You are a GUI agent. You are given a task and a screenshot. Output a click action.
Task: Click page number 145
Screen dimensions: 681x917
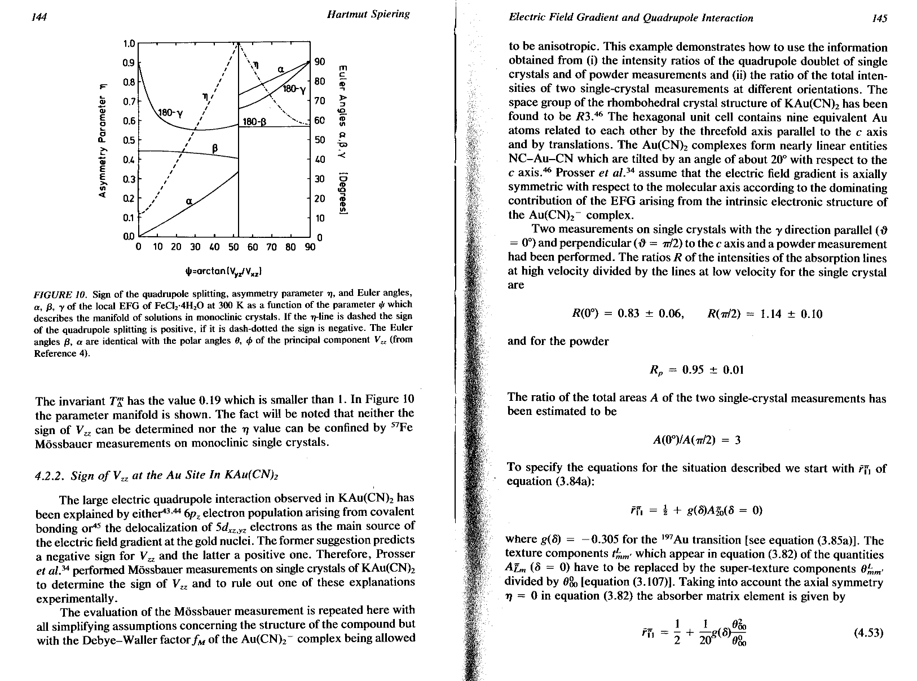pyautogui.click(x=878, y=18)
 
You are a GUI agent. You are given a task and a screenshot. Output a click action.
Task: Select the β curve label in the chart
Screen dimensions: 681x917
pyautogui.click(x=214, y=148)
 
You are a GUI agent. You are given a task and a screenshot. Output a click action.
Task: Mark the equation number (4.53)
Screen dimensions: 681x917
pyautogui.click(x=868, y=633)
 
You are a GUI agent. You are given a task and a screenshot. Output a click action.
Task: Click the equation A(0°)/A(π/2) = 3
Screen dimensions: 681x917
pyautogui.click(x=697, y=440)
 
